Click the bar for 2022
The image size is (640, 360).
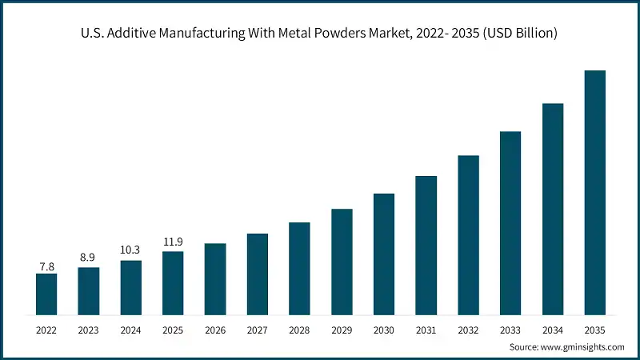tap(46, 294)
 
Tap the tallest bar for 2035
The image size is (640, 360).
tap(594, 192)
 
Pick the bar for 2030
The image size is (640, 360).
tap(384, 254)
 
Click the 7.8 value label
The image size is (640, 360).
tap(46, 266)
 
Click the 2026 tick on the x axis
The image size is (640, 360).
tap(215, 329)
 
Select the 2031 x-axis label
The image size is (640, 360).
tap(426, 329)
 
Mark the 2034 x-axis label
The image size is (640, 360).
tap(553, 329)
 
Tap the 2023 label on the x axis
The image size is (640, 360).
tap(89, 329)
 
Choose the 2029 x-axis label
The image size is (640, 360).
tap(342, 329)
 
